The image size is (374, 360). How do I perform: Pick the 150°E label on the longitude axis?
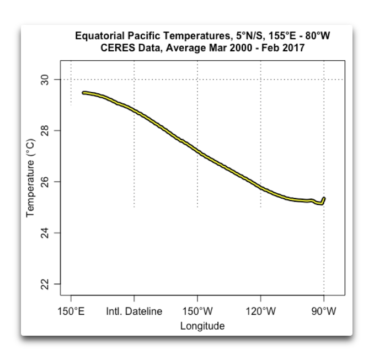(x=71, y=311)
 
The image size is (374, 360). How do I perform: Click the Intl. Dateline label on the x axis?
(x=134, y=311)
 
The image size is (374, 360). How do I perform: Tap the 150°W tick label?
(x=197, y=311)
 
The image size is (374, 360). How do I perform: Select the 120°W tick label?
(x=260, y=311)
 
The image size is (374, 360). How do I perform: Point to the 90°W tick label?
(x=324, y=311)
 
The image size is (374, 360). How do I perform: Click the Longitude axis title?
(x=202, y=326)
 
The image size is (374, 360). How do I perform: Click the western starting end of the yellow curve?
(x=84, y=93)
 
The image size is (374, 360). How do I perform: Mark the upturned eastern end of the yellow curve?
(x=324, y=198)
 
